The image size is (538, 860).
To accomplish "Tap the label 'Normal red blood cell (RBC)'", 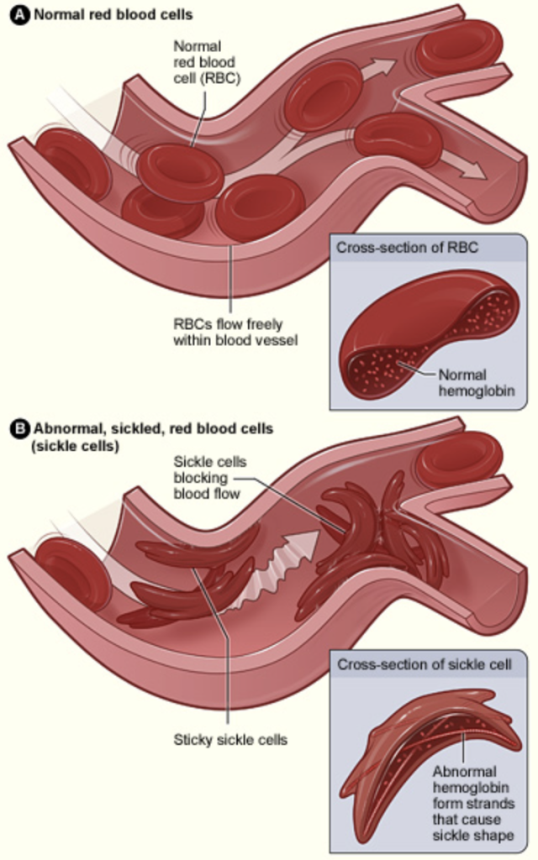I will [x=204, y=62].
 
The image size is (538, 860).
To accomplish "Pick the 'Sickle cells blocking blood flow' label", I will [x=206, y=477].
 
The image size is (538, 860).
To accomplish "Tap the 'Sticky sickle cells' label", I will [x=230, y=740].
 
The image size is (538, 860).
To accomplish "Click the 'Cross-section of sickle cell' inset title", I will [x=424, y=664].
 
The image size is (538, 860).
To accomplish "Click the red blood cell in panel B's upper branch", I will [x=459, y=458].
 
